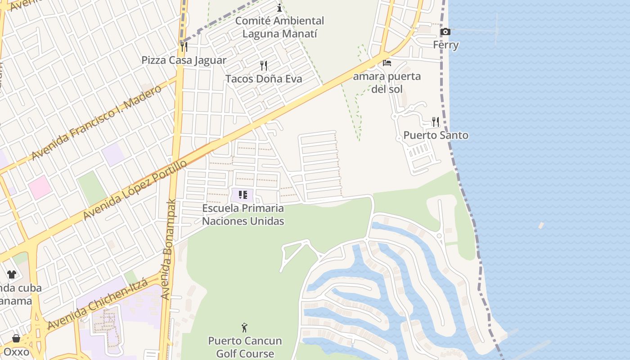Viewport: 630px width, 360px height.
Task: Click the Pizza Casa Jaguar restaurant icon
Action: [x=184, y=46]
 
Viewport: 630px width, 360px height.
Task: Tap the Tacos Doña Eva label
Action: [x=263, y=79]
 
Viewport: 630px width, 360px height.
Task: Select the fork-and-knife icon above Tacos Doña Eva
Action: [x=264, y=66]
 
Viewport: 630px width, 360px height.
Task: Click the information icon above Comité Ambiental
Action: [x=279, y=8]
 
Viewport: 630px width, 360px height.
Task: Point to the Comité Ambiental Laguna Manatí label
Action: [x=279, y=27]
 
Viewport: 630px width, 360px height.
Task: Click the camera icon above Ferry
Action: [x=445, y=31]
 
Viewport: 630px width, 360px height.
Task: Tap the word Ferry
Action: [x=445, y=45]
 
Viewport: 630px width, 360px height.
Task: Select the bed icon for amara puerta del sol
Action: [x=387, y=63]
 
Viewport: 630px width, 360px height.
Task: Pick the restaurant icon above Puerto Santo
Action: [x=435, y=121]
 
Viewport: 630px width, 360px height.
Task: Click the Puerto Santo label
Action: [x=436, y=135]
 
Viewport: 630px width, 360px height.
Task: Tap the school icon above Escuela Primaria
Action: [x=243, y=195]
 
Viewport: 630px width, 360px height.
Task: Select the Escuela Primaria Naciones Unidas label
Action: [x=243, y=215]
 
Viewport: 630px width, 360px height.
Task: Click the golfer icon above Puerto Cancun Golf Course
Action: [x=244, y=328]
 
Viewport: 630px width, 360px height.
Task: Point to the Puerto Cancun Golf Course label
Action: [x=245, y=347]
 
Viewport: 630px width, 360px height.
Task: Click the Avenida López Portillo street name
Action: [x=135, y=190]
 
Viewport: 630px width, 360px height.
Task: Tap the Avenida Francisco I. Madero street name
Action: [x=96, y=122]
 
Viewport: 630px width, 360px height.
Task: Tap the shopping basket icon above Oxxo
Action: [x=16, y=338]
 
